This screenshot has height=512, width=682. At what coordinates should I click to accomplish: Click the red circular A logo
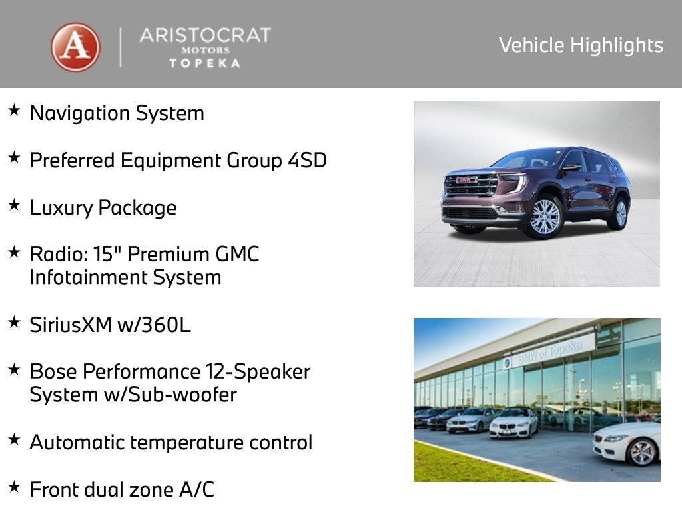tap(76, 47)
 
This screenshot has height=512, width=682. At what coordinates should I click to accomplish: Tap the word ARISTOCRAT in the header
tap(204, 35)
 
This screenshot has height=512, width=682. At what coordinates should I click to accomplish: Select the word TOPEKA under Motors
tap(204, 63)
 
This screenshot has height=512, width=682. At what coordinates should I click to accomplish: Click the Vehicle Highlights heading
tap(581, 45)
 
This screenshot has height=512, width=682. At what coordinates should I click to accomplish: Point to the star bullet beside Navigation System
tap(14, 110)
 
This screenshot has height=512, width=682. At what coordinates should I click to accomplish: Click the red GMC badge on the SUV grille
tap(467, 180)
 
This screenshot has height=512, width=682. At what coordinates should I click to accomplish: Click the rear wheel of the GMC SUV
tap(621, 213)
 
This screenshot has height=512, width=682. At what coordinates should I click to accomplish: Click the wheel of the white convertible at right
tap(642, 453)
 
